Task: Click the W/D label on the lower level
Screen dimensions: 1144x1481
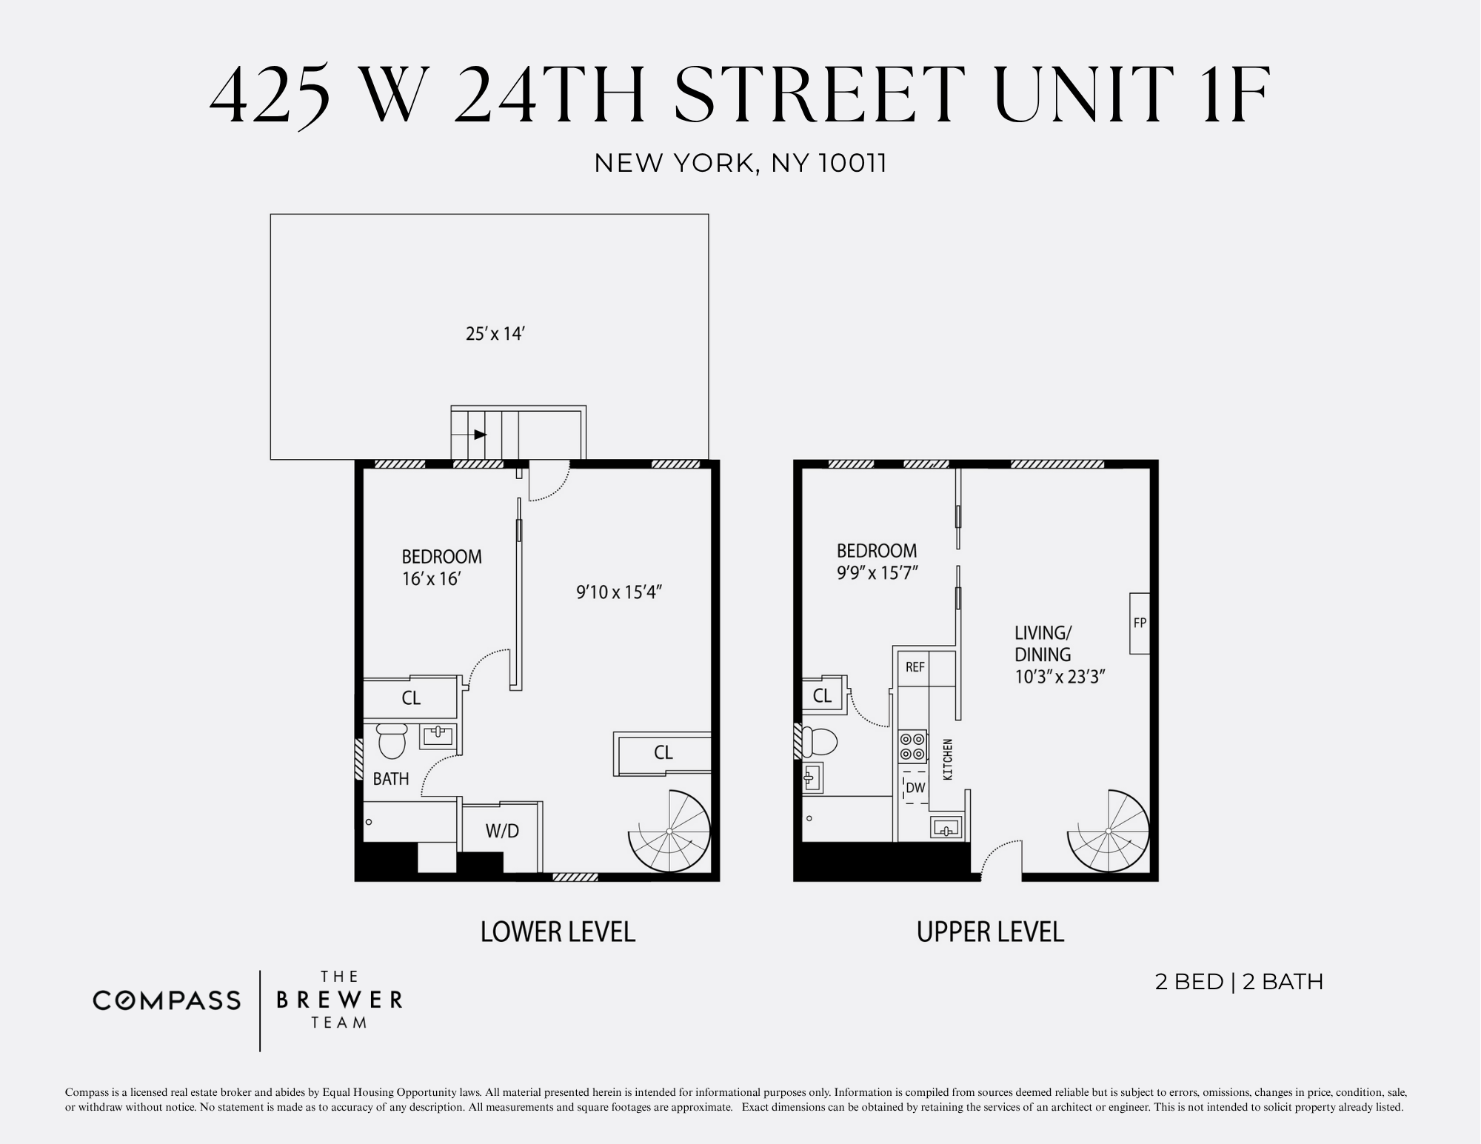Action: (502, 831)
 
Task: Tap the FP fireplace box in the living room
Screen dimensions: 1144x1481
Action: (1140, 623)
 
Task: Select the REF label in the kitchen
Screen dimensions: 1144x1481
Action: (915, 667)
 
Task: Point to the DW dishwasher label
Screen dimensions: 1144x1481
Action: (916, 788)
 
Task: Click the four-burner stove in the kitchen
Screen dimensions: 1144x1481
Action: (912, 746)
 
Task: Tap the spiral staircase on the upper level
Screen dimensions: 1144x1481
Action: (1108, 831)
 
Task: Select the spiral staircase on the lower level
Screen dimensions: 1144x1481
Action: (669, 831)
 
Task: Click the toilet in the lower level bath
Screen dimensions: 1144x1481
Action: (392, 741)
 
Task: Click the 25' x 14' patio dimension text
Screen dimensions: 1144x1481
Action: (495, 334)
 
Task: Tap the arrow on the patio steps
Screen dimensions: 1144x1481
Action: (480, 435)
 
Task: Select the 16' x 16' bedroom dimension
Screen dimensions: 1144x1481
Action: (432, 578)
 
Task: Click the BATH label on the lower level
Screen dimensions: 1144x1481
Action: (391, 779)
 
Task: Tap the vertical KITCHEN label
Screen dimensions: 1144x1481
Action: (947, 759)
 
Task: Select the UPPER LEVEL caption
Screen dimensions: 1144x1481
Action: (990, 931)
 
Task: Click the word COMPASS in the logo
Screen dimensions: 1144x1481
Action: (167, 1001)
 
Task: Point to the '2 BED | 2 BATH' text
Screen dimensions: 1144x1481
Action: (1239, 982)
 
